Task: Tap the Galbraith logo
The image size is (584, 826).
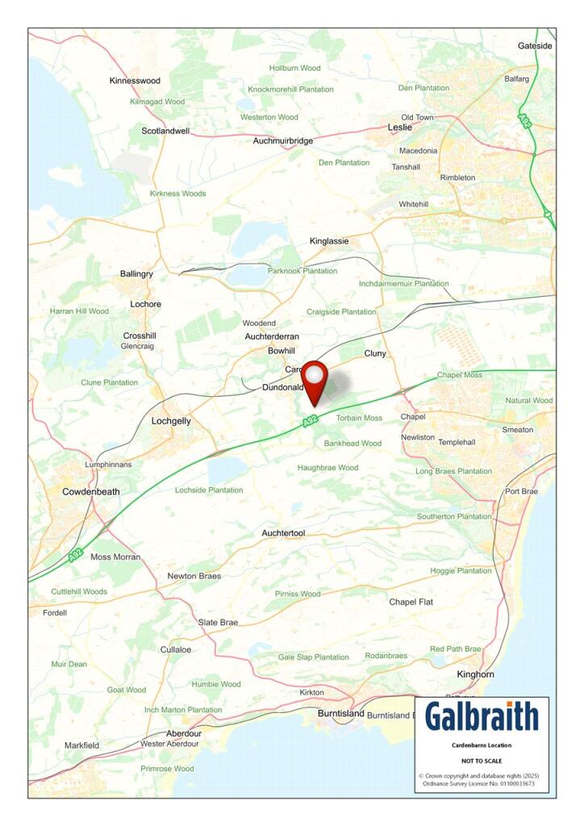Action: pos(482,716)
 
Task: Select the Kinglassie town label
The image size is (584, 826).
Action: pos(330,241)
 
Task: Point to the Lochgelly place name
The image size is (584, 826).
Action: pos(172,421)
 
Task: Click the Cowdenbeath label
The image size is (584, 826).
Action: pos(91,491)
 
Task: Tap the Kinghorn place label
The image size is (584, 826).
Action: pos(476,674)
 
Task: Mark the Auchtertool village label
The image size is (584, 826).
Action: pos(283,533)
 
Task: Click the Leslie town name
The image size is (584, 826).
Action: pos(400,127)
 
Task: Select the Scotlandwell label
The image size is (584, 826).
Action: pos(166,131)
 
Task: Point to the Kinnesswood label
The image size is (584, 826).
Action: pos(135,81)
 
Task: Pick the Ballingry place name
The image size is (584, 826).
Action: pos(136,274)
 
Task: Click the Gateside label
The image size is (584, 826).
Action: pos(535,46)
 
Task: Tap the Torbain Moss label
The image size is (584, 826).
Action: pos(359,418)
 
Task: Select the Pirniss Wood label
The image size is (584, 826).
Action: pos(298,594)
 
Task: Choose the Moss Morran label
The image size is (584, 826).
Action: pos(115,557)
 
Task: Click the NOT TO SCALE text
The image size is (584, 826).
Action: pos(481,761)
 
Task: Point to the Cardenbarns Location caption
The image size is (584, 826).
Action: pos(481,745)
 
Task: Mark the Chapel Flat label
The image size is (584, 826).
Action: pos(411,602)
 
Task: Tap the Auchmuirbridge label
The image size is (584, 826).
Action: pos(283,141)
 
